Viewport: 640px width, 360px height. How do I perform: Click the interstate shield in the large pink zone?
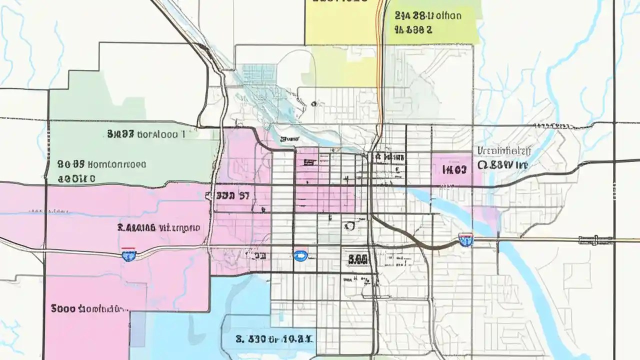pyautogui.click(x=128, y=256)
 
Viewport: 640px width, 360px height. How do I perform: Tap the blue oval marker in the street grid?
pyautogui.click(x=300, y=256)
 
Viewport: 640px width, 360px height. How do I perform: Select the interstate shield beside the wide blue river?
pyautogui.click(x=466, y=240)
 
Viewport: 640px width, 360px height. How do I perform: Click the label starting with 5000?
pyautogui.click(x=87, y=308)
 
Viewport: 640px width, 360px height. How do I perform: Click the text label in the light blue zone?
pyautogui.click(x=274, y=338)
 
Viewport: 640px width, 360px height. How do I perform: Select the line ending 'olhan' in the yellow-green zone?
pyautogui.click(x=428, y=15)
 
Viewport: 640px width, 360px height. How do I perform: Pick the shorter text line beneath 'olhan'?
pyautogui.click(x=413, y=29)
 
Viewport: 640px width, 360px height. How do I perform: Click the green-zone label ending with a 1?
pyautogui.click(x=146, y=134)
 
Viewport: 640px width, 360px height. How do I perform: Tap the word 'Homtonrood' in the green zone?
pyautogui.click(x=117, y=163)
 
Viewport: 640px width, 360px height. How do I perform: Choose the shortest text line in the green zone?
pyautogui.click(x=76, y=178)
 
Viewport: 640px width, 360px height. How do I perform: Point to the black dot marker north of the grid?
pyautogui.click(x=313, y=104)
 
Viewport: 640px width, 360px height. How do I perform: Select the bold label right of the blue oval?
pyautogui.click(x=357, y=258)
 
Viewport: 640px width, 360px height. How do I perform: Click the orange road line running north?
pyautogui.click(x=381, y=75)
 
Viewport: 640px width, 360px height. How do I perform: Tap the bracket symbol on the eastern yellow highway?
pyautogui.click(x=588, y=240)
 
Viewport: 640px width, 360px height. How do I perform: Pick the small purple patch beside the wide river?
pyautogui.click(x=487, y=215)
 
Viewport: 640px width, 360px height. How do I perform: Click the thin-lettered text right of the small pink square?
pyautogui.click(x=504, y=150)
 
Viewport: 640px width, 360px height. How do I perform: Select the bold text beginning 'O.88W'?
pyautogui.click(x=502, y=164)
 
